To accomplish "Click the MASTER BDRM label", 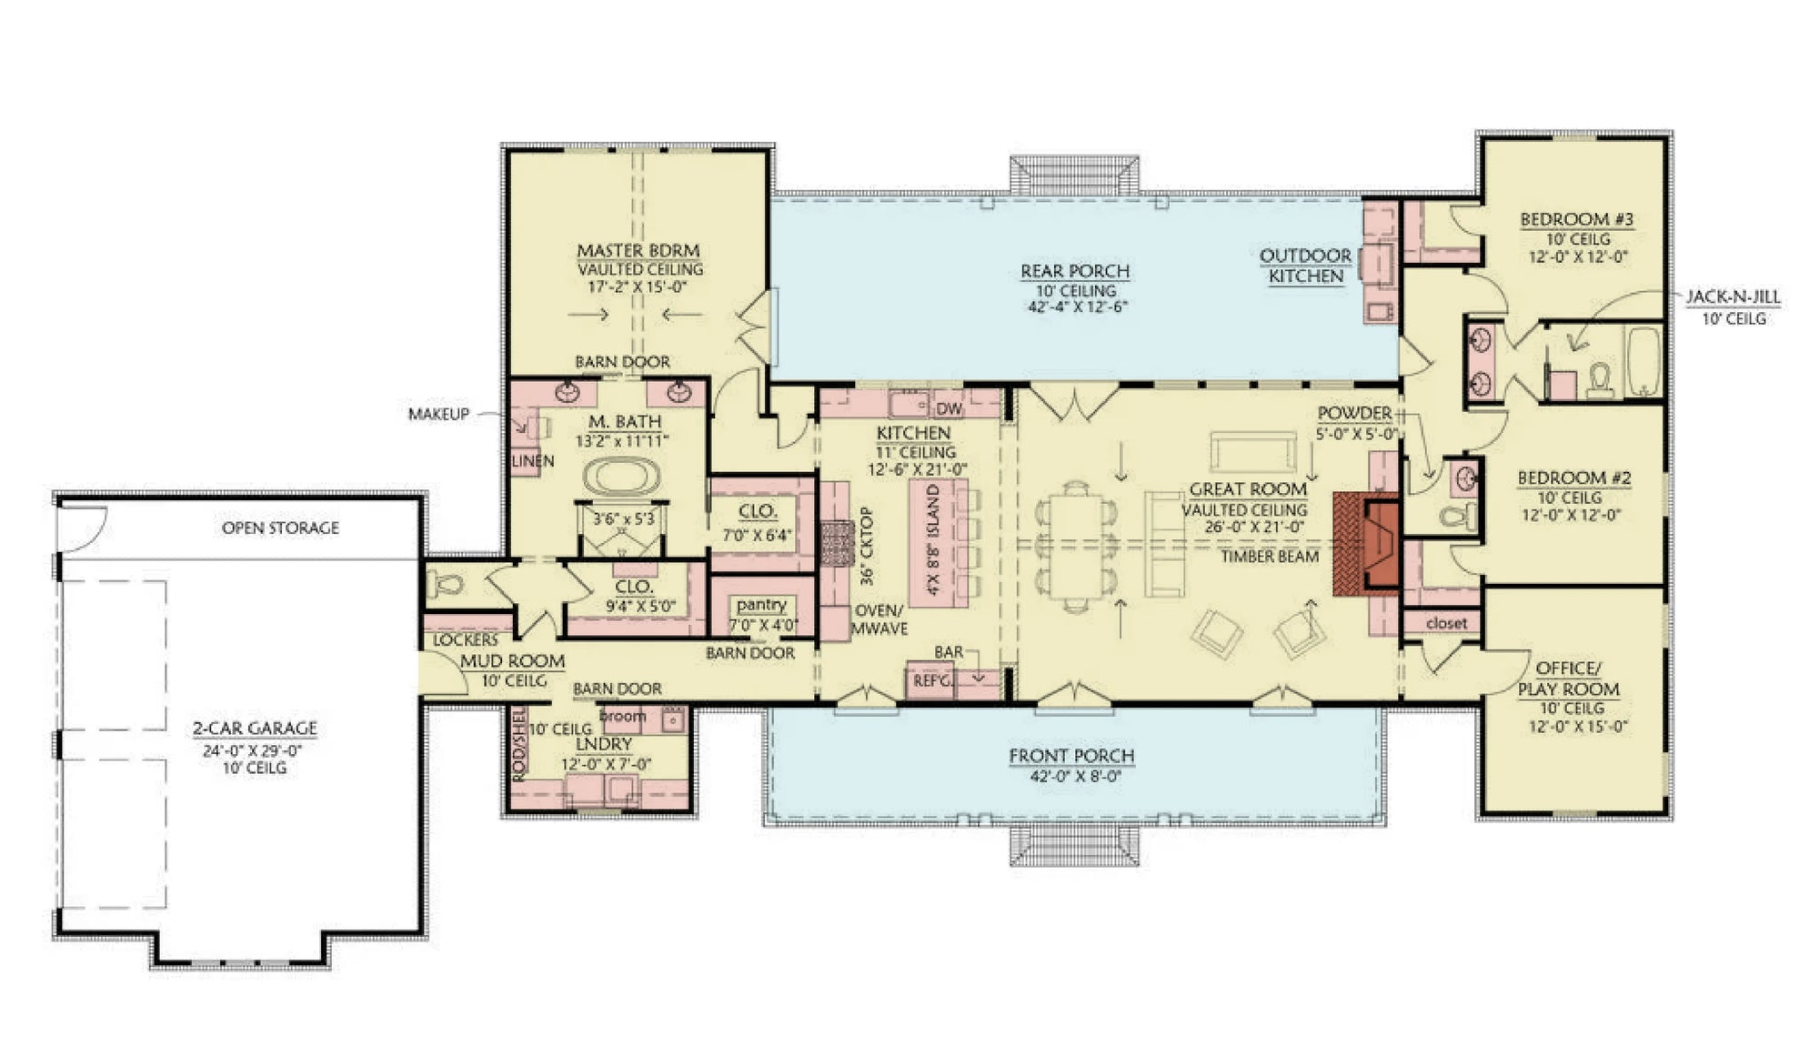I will (x=638, y=250).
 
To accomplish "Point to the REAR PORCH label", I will (x=1074, y=271).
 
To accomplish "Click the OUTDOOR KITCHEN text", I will (x=1305, y=266).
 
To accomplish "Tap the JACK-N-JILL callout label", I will (x=1733, y=297).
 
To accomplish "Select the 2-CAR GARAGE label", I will (x=254, y=728).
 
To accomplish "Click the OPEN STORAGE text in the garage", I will (x=280, y=528).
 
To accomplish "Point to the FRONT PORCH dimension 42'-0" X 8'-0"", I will (x=1071, y=777).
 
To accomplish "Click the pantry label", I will (x=761, y=605).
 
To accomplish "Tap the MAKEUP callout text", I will (x=438, y=414).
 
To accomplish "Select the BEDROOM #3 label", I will (x=1576, y=219).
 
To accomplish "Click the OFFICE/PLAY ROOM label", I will (x=1568, y=679).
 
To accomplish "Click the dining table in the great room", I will (x=1076, y=546).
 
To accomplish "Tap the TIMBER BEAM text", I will (x=1269, y=556).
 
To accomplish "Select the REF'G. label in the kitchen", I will (x=930, y=679).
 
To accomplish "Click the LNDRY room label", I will (x=603, y=744).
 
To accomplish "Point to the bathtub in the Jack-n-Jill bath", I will (x=1643, y=362).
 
